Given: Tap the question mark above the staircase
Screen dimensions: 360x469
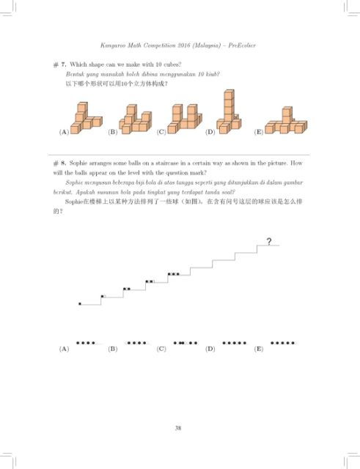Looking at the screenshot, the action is [270, 241].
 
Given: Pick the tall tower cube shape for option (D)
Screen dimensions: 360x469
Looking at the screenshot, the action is [228, 114].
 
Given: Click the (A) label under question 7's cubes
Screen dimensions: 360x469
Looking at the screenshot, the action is [64, 133].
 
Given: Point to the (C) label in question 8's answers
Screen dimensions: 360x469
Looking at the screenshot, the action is [161, 349].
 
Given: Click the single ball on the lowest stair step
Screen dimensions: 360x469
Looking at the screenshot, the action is [80, 303].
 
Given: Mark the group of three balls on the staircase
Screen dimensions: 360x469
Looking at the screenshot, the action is [174, 273].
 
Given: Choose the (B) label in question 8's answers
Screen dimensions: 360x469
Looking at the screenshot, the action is [112, 349].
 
